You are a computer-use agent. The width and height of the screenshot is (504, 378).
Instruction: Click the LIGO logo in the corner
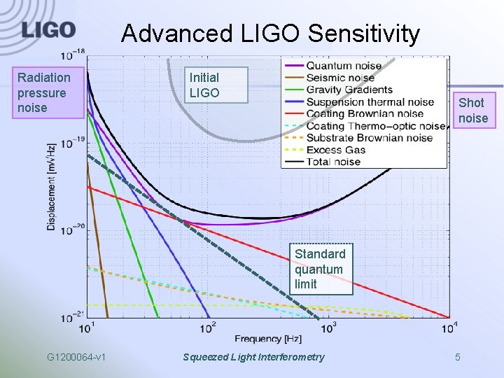[x=48, y=30]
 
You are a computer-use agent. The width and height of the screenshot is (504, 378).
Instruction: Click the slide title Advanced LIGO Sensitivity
[x=270, y=33]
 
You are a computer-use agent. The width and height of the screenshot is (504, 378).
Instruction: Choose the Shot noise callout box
[x=472, y=111]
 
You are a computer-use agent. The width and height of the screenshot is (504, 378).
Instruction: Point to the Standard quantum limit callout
[x=320, y=269]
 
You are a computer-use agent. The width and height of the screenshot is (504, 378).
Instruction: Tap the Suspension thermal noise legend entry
[x=370, y=101]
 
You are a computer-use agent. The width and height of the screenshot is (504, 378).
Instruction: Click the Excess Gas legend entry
[x=335, y=150]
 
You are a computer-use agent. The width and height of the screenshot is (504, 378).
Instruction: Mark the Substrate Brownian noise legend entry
[x=369, y=138]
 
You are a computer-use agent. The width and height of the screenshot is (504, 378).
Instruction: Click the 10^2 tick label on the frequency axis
[x=208, y=327]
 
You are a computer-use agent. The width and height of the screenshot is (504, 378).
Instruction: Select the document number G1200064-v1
[x=76, y=358]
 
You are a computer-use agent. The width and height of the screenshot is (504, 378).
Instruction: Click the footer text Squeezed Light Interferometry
[x=253, y=358]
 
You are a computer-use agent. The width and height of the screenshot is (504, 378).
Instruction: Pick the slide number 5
[x=458, y=358]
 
